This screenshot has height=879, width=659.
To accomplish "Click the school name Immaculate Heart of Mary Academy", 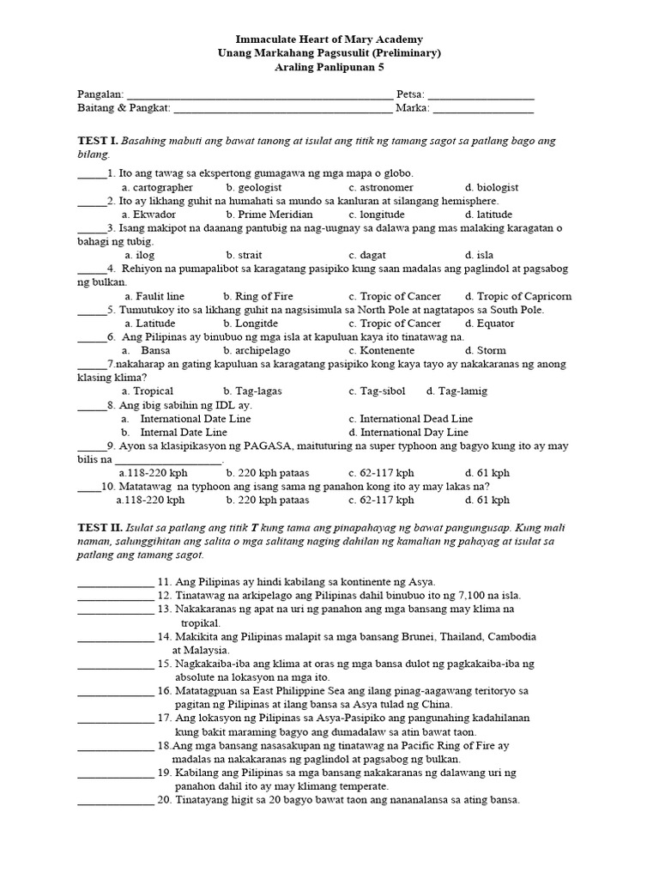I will (x=329, y=39).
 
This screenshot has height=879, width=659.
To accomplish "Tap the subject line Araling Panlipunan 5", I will (x=329, y=66).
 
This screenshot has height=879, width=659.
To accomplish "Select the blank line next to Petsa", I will (x=481, y=95).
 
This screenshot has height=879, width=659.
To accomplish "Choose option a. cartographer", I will (x=157, y=187).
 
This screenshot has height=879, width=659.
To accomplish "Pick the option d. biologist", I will (x=492, y=187).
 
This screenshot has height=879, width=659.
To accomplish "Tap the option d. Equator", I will (x=490, y=324).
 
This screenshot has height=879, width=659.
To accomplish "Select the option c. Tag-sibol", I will (x=377, y=391).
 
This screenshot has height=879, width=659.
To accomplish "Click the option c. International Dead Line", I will (x=410, y=419).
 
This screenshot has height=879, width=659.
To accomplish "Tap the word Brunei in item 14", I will (x=462, y=636).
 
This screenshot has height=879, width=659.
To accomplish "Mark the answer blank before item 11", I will (x=115, y=582).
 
